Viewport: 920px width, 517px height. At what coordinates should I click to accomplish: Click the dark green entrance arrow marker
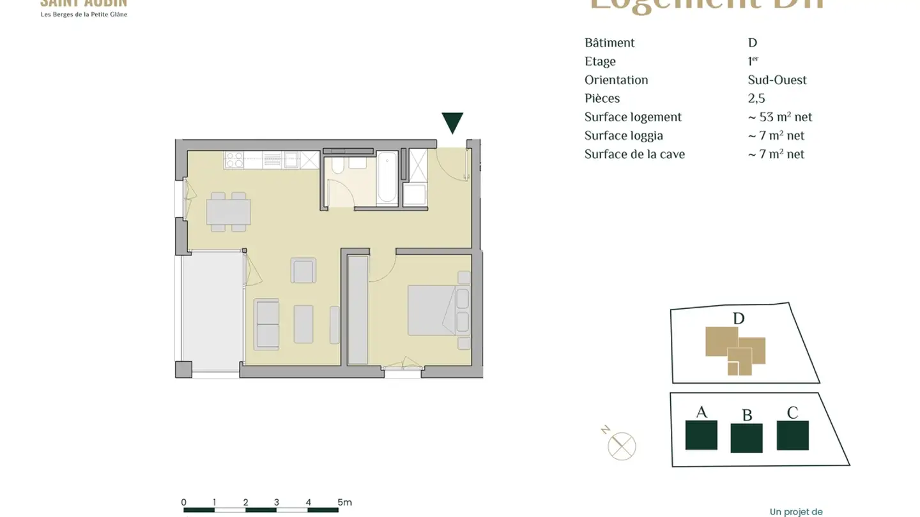(452, 123)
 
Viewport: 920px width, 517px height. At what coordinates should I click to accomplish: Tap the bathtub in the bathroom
(387, 178)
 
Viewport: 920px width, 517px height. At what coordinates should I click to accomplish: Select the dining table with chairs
(228, 211)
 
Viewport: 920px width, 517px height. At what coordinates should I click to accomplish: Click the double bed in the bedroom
(432, 310)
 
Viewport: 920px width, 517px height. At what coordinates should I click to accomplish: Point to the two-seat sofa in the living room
(267, 324)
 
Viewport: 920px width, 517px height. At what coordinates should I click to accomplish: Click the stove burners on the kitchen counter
(234, 160)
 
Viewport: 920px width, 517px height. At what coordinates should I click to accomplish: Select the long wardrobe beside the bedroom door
(358, 310)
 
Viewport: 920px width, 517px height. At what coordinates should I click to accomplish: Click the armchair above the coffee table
(303, 271)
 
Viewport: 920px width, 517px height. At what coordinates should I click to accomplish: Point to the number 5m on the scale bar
(344, 502)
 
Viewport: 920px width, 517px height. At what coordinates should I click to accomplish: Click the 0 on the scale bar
(184, 502)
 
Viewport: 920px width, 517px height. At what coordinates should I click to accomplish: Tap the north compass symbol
(621, 445)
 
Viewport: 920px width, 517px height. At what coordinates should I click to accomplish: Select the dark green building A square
(701, 435)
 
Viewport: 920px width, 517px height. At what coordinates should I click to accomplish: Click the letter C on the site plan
(792, 413)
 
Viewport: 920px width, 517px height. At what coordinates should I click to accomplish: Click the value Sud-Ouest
(777, 80)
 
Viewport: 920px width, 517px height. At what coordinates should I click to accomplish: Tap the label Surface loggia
(624, 135)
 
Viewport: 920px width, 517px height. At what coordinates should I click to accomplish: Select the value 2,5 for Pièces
(756, 98)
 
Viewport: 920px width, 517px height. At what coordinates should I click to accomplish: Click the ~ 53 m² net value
(780, 117)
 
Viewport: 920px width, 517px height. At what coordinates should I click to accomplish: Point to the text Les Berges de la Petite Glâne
(84, 14)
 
